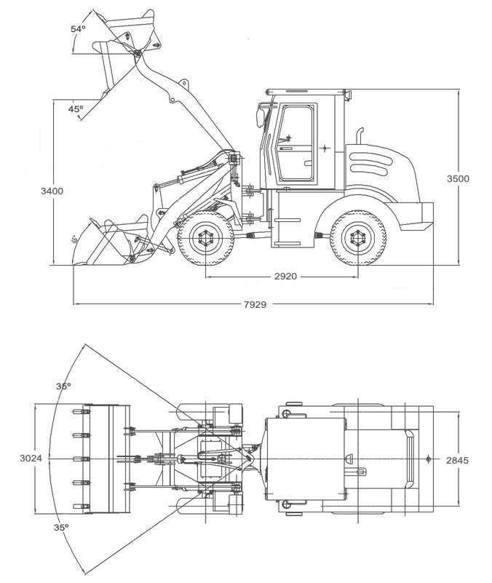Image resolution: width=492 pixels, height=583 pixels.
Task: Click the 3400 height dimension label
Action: click(x=52, y=191)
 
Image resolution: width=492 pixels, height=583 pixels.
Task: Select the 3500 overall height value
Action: click(x=457, y=179)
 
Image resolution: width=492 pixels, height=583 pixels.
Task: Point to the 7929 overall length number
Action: click(x=254, y=304)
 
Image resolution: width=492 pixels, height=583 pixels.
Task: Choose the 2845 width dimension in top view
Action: click(x=458, y=459)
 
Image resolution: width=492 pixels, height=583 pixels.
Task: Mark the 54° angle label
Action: click(x=77, y=29)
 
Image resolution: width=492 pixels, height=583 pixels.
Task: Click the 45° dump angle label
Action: click(x=75, y=108)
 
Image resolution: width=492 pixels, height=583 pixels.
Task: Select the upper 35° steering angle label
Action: click(x=63, y=386)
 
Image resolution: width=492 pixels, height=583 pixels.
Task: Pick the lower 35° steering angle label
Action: click(x=61, y=527)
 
